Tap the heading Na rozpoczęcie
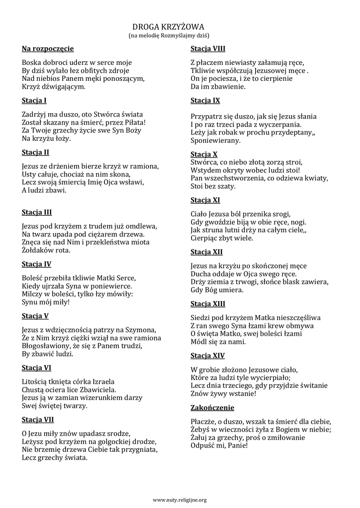pos(48,49)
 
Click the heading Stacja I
pos(34,101)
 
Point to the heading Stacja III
pos(37,212)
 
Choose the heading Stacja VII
pos(38,420)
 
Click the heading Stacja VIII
pos(208,49)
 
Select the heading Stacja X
pos(204,154)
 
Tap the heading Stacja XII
pos(206,252)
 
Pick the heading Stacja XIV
pos(207,355)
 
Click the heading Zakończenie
pos(212,408)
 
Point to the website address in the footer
pos(179,500)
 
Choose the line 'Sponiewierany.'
pos(216,141)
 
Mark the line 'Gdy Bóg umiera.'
pos(216,290)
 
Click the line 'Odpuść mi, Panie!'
pos(219,446)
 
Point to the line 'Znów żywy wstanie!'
pos(223,394)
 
